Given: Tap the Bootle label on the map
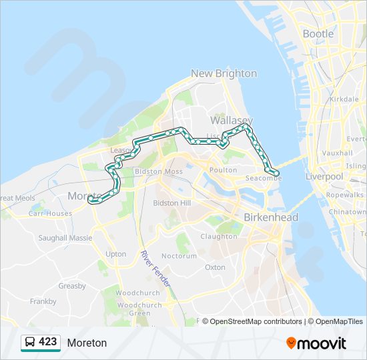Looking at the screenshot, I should pyautogui.click(x=318, y=33).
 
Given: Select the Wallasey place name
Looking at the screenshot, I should pyautogui.click(x=229, y=121).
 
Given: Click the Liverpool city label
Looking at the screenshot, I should pyautogui.click(x=324, y=177).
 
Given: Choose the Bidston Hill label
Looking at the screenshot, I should pyautogui.click(x=172, y=203).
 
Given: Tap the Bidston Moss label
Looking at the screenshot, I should pyautogui.click(x=159, y=171).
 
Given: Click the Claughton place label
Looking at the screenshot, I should pyautogui.click(x=219, y=236).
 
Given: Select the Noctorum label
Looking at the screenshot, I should pyautogui.click(x=179, y=256).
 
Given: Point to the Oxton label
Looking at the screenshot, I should pyautogui.click(x=215, y=267).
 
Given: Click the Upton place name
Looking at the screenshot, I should pyautogui.click(x=115, y=254).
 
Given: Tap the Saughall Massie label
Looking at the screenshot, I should pyautogui.click(x=65, y=237).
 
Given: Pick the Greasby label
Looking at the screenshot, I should pyautogui.click(x=72, y=286).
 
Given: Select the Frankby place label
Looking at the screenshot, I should pyautogui.click(x=43, y=301).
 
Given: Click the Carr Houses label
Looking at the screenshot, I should pyautogui.click(x=50, y=214).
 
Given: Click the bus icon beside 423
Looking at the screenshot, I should pyautogui.click(x=29, y=343).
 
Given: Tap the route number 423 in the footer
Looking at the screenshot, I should pyautogui.click(x=48, y=342).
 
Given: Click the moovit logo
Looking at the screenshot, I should pyautogui.click(x=316, y=343).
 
